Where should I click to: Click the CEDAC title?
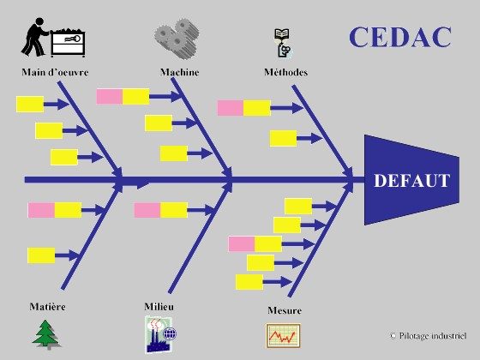coord(400,37)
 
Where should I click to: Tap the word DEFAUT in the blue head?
coord(411,180)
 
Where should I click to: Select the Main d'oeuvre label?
coord(55,72)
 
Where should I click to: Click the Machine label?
coord(180,72)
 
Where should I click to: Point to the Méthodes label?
coord(286,72)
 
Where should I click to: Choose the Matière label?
coord(47,307)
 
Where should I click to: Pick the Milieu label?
coord(159,307)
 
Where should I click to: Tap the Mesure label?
coord(285,310)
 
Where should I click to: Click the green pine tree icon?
coord(46,334)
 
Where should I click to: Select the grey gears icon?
coord(177,38)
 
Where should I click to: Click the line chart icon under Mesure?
coord(283,335)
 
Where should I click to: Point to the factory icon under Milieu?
coord(160,334)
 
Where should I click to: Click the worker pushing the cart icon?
coord(53,38)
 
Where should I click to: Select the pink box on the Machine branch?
coord(110,96)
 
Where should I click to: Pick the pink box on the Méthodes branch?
coord(231,108)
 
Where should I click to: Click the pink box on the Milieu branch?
coord(147,210)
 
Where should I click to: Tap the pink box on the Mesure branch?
coord(242,244)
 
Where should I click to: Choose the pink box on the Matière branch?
coord(41,210)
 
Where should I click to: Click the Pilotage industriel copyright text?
coord(429,336)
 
